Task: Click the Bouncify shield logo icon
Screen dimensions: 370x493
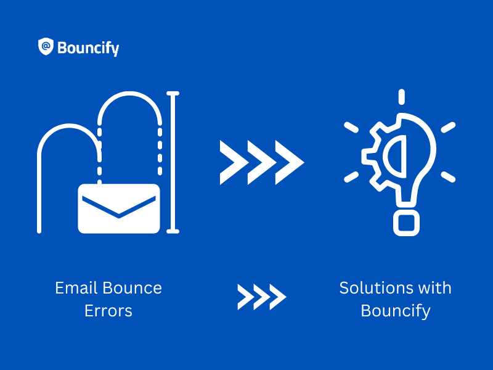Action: coord(46,47)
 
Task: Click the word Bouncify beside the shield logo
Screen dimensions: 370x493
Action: coord(88,47)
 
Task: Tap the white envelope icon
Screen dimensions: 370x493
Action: coord(119,208)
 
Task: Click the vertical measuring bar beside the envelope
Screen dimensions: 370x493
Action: coord(173,163)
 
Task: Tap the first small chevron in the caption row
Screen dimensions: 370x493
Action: coord(245,297)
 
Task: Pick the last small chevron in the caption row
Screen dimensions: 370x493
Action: coord(278,297)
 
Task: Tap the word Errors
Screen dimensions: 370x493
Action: coord(108,310)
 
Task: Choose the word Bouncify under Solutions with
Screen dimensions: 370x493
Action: coord(395,310)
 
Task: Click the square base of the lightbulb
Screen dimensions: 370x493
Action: coord(406,223)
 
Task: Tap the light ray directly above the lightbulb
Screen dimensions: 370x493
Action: coord(401,97)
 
